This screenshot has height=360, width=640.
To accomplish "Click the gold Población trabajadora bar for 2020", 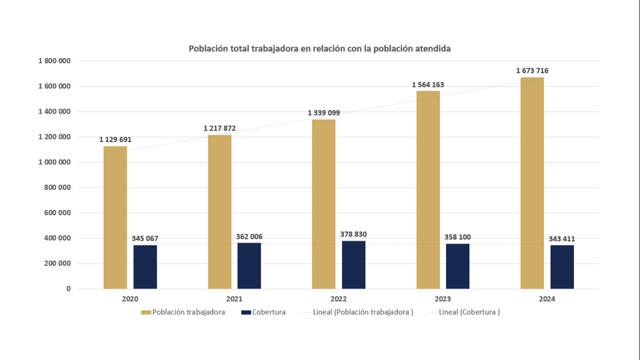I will [x=115, y=217].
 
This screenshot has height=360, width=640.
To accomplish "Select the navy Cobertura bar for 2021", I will [x=249, y=265].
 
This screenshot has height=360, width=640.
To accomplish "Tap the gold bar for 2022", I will [x=323, y=204].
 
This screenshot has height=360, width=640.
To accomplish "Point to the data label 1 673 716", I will [x=532, y=71].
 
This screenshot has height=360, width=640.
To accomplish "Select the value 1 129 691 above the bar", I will [x=115, y=139].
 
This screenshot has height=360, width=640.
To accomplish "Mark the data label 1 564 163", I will [x=428, y=85].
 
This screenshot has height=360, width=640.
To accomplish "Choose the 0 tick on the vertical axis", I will [x=68, y=289].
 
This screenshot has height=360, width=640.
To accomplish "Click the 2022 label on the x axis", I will [x=338, y=299].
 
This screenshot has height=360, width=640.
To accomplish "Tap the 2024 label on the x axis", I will [x=547, y=299].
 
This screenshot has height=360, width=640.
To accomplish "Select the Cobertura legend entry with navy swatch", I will [x=263, y=312].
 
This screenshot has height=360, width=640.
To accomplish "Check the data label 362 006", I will [x=251, y=237].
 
